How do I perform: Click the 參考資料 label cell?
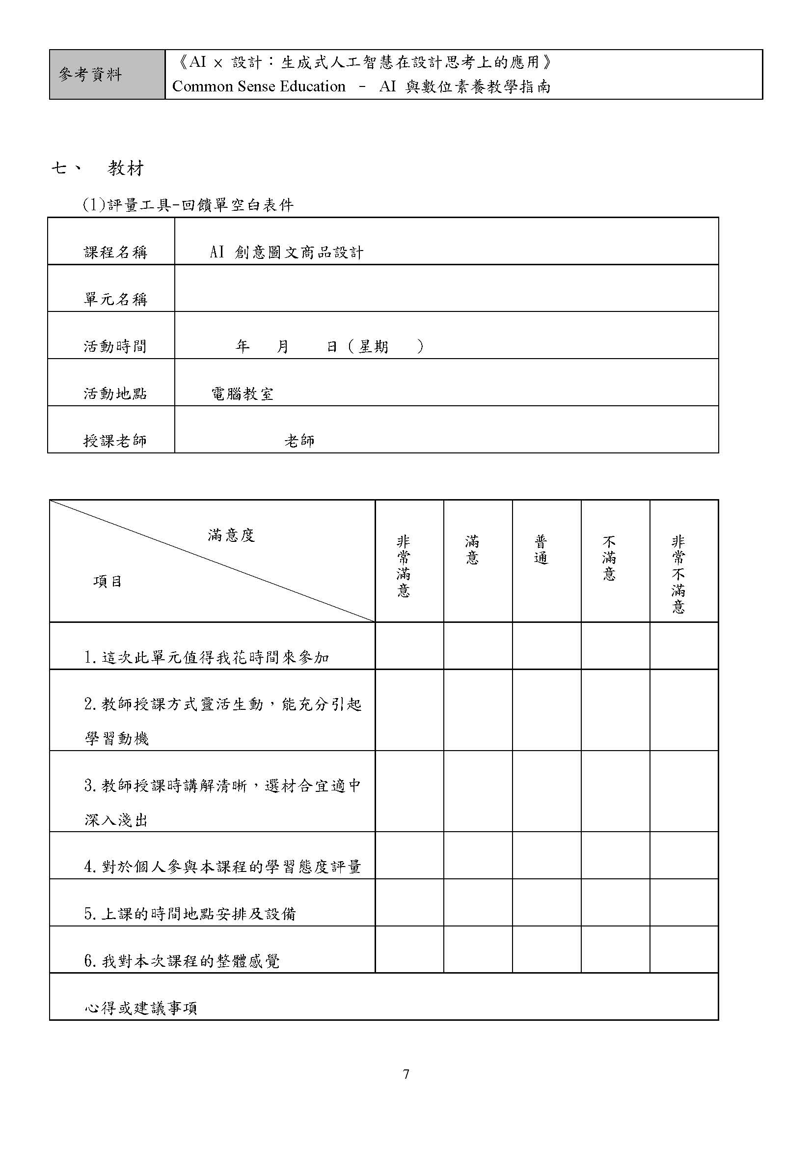pyautogui.click(x=90, y=75)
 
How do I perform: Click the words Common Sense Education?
pyautogui.click(x=259, y=86)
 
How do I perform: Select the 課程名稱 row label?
pyautogui.click(x=115, y=252)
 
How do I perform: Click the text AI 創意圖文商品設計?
pyautogui.click(x=287, y=252)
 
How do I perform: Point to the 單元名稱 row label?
pyautogui.click(x=115, y=299)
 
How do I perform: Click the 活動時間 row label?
pyautogui.click(x=115, y=346)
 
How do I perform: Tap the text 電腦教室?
pyautogui.click(x=243, y=394)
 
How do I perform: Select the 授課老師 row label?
pyautogui.click(x=115, y=441)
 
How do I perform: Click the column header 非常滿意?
pyautogui.click(x=403, y=566)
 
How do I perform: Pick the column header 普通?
pyautogui.click(x=541, y=550)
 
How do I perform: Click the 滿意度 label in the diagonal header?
pyautogui.click(x=231, y=536)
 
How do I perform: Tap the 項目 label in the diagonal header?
pyautogui.click(x=108, y=582)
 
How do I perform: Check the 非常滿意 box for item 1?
pyautogui.click(x=409, y=646)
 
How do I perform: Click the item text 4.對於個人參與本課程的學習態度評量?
pyautogui.click(x=222, y=867)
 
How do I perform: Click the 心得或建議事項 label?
pyautogui.click(x=141, y=1009)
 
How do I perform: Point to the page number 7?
pyautogui.click(x=406, y=1074)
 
